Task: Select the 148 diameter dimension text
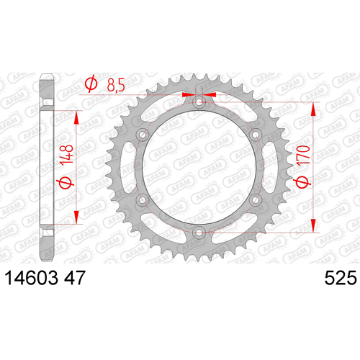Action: coord(66,155)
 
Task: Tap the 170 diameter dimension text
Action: coord(303,155)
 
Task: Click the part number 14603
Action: coord(32,278)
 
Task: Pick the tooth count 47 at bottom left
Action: coord(75,278)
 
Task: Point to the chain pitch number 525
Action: coord(341,278)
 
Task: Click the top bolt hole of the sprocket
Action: coord(199,103)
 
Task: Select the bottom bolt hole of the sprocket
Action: coord(199,233)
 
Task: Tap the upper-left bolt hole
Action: coord(143,135)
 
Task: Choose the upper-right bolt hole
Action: coord(255,135)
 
